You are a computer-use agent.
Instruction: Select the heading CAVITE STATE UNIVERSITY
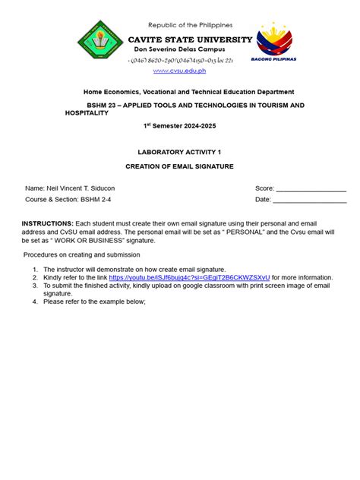tap(190, 39)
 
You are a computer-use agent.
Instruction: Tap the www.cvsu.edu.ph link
tap(179, 71)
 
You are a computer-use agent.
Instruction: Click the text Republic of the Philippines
tap(190, 25)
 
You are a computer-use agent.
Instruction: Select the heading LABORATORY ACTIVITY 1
tap(179, 151)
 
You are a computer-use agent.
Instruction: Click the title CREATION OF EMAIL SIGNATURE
tap(179, 165)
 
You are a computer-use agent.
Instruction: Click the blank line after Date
tap(310, 200)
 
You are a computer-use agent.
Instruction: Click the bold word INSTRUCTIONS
tap(47, 223)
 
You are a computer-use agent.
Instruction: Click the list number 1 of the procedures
tap(34, 269)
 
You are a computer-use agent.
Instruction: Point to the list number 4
tap(34, 301)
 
